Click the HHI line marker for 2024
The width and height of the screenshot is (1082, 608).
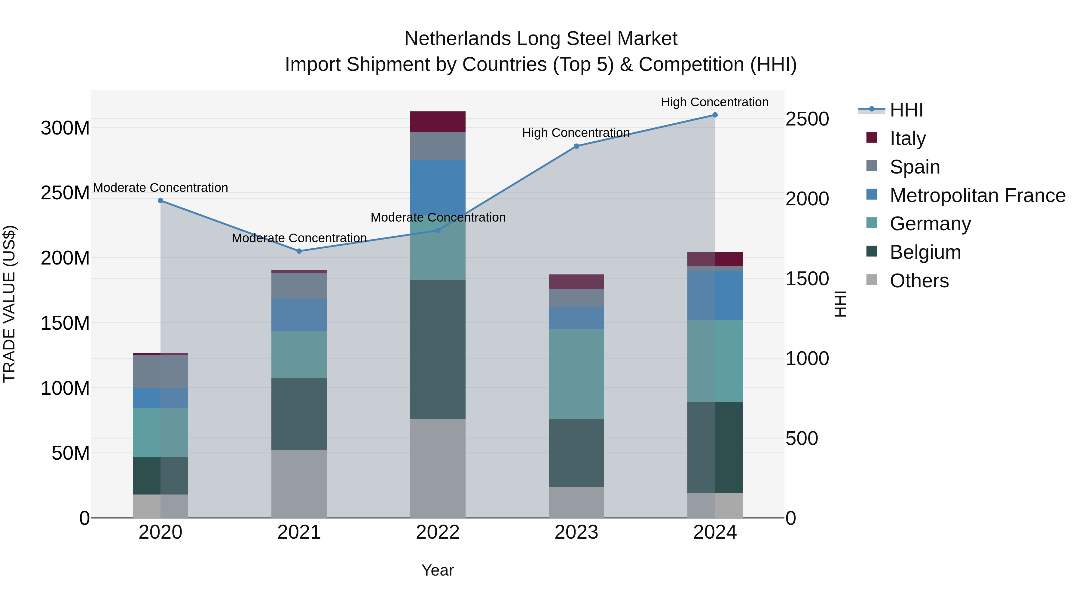[x=715, y=115]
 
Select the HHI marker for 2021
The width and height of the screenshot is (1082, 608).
[x=299, y=251]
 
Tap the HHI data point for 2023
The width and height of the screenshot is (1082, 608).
[x=576, y=146]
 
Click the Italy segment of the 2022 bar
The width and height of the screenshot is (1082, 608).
[x=438, y=122]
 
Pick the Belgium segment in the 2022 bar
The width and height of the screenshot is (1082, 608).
[x=438, y=349]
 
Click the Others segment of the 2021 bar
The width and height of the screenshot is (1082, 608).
[x=299, y=484]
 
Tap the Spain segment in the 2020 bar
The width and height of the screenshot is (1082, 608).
[x=160, y=371]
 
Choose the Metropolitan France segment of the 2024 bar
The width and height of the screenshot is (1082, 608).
[x=715, y=295]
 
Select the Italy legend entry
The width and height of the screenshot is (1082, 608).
[x=907, y=138]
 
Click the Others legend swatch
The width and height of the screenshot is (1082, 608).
[x=872, y=280]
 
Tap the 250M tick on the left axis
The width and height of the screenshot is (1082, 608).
[x=65, y=193]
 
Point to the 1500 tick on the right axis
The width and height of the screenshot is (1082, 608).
[x=807, y=279]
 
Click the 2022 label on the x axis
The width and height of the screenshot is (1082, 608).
[x=438, y=532]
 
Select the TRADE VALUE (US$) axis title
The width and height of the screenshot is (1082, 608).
[x=9, y=304]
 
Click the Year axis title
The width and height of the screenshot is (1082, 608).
[x=438, y=570]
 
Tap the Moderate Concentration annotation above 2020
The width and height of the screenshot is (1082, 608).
[x=160, y=188]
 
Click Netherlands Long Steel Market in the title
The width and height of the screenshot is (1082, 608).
[x=541, y=39]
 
